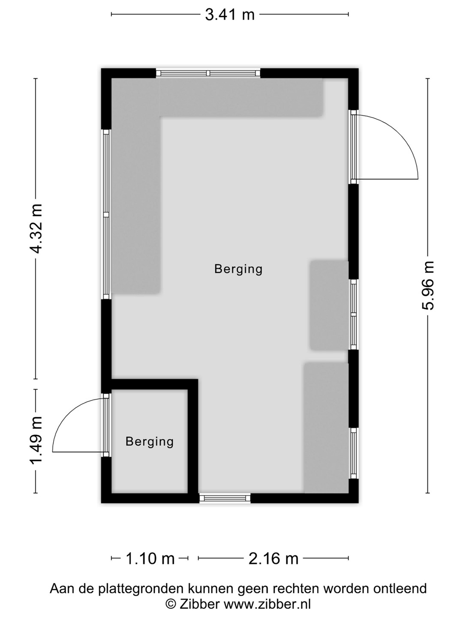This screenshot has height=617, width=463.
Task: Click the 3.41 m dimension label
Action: [230, 15]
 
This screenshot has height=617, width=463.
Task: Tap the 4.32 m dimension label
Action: [36, 228]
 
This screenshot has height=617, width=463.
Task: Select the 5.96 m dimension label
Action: [427, 285]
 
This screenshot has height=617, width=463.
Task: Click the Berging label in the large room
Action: [238, 269]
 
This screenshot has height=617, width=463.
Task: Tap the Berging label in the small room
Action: [150, 441]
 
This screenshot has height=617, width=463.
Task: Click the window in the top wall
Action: [208, 73]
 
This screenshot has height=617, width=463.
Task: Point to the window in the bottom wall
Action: [225, 498]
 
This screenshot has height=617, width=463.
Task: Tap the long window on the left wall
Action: [106, 214]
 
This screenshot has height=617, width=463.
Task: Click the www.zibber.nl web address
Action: [267, 604]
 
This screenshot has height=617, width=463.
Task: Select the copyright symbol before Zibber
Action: [170, 604]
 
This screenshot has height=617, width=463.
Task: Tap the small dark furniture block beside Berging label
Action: [329, 306]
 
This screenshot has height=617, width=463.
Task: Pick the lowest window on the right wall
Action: [353, 453]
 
